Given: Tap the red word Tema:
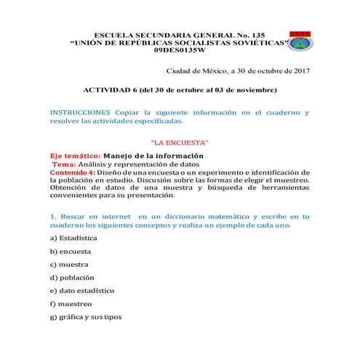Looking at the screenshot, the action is pos(64,164).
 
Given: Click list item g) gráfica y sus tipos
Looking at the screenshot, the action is pos(86,317).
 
